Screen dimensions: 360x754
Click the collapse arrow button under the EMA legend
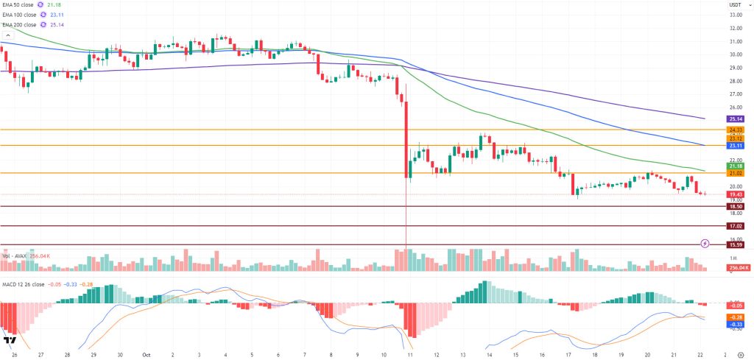(x=8, y=34)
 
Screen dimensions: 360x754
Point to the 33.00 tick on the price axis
(x=735, y=15)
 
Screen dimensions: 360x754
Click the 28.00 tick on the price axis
(x=735, y=81)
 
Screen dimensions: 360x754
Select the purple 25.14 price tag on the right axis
(x=735, y=119)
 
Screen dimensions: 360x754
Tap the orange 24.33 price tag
(x=735, y=130)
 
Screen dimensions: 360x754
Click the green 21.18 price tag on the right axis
(x=735, y=166)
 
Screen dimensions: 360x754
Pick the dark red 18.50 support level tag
(x=735, y=207)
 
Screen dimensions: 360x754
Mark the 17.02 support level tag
(x=735, y=226)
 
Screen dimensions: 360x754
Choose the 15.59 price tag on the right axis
(x=735, y=245)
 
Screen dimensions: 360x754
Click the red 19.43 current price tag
(x=735, y=194)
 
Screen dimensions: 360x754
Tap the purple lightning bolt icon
(x=705, y=242)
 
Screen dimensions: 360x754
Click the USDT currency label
(x=735, y=4)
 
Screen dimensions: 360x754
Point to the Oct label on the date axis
(x=146, y=353)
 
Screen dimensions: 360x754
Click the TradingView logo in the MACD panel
(x=10, y=341)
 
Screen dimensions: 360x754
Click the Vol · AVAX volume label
(x=16, y=255)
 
